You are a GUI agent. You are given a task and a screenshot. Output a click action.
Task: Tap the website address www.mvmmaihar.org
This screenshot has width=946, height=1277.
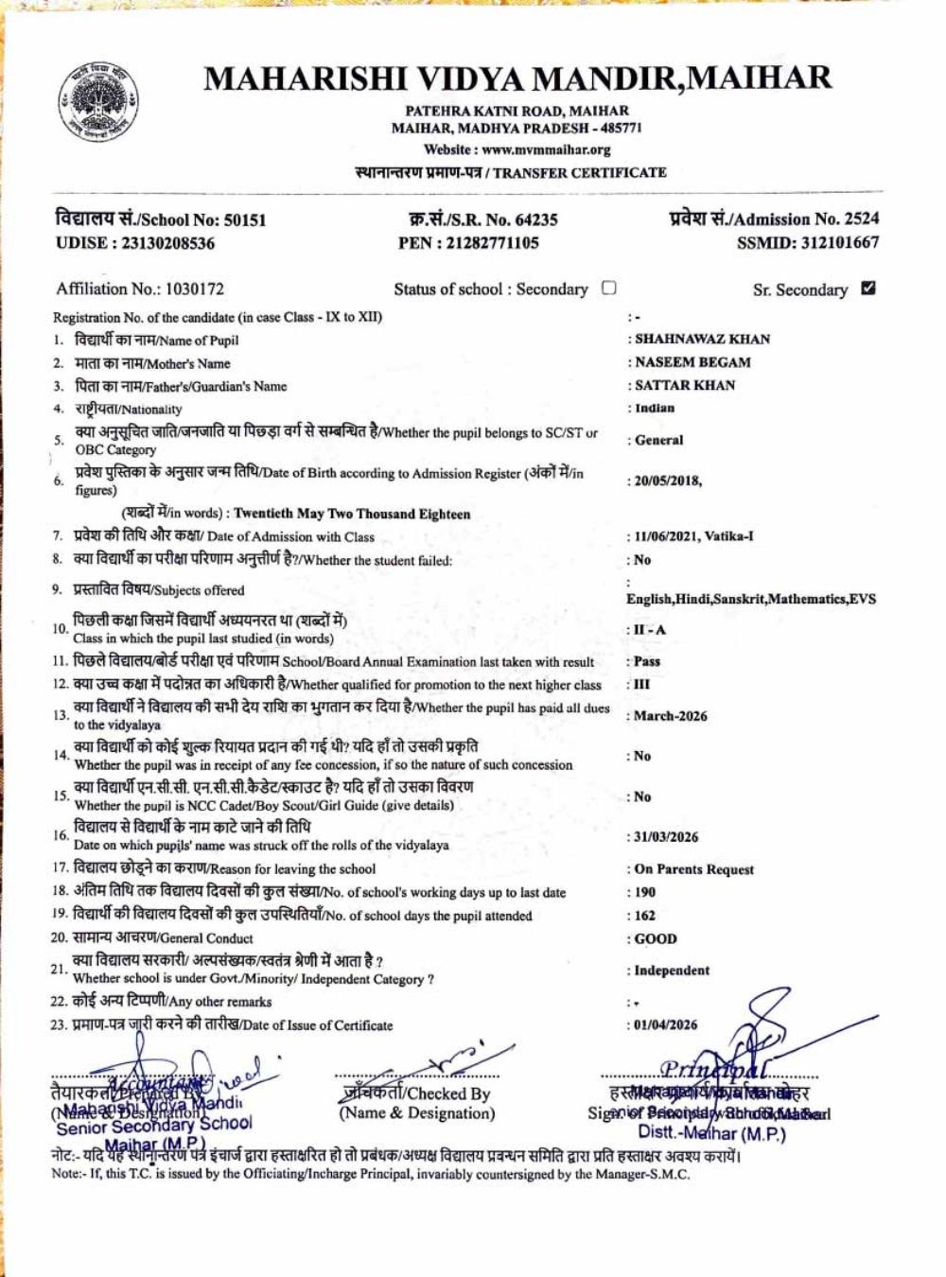(546, 149)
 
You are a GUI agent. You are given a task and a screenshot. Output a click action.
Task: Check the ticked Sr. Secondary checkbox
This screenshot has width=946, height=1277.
(868, 289)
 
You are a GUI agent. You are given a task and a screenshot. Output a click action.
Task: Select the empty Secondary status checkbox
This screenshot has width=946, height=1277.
(609, 288)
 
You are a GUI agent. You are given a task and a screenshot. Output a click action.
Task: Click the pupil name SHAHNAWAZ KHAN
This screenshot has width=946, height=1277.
(702, 339)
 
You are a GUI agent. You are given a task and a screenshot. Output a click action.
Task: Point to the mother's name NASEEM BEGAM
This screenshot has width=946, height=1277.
(692, 362)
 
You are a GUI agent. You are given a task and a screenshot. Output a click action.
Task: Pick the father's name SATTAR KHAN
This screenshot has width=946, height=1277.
(685, 385)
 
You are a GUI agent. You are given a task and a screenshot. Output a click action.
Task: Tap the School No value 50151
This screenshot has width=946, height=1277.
(244, 220)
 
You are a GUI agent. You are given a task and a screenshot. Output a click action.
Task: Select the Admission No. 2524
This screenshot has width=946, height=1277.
(861, 219)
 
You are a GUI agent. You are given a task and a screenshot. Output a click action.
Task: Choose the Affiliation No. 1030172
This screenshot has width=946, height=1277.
(194, 289)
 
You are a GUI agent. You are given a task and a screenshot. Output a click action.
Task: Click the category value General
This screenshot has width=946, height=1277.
(658, 440)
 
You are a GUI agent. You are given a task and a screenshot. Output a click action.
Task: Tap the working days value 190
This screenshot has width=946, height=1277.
(645, 892)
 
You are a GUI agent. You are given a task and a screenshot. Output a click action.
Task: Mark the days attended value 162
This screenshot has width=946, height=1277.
(645, 916)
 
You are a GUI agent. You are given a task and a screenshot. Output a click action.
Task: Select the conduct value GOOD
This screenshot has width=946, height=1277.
(656, 939)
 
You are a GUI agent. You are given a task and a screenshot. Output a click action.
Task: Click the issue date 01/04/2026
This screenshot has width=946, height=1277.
(666, 1024)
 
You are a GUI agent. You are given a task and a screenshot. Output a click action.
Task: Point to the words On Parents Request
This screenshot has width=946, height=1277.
(694, 869)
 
